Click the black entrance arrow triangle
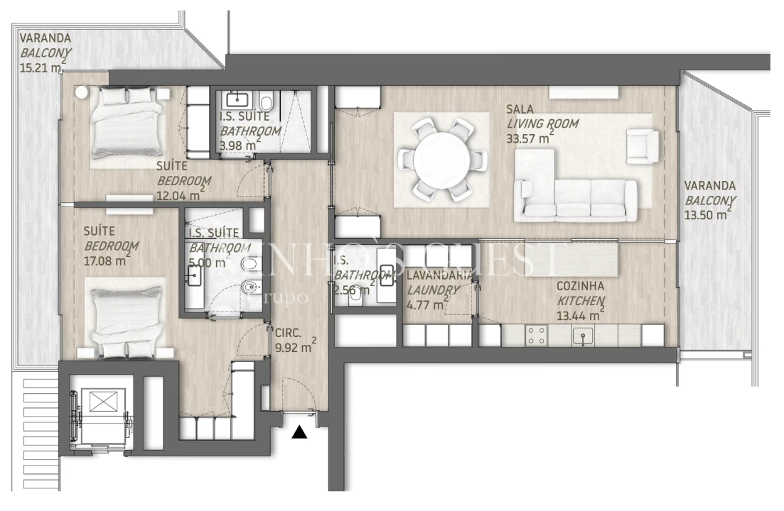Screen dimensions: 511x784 point(300,431)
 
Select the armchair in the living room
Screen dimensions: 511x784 point(643,145)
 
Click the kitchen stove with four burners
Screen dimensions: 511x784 point(535,336)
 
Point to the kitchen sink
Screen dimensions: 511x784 point(584,336)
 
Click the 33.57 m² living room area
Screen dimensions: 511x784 point(530,138)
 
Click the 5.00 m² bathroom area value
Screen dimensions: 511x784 point(206,263)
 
